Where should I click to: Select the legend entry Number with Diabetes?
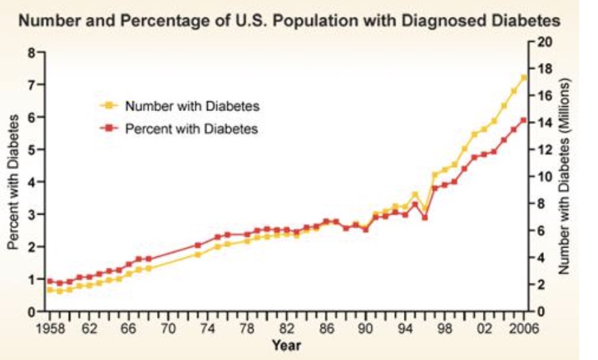click(192, 106)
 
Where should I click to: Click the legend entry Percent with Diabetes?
click(192, 128)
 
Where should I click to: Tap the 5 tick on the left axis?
click(31, 150)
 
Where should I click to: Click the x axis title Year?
click(286, 346)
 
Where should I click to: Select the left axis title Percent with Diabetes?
click(12, 182)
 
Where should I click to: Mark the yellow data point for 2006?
click(523, 78)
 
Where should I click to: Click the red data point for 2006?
click(523, 120)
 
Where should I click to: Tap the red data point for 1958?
click(49, 281)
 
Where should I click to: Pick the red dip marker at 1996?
click(424, 218)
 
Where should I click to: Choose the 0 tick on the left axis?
click(31, 312)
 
